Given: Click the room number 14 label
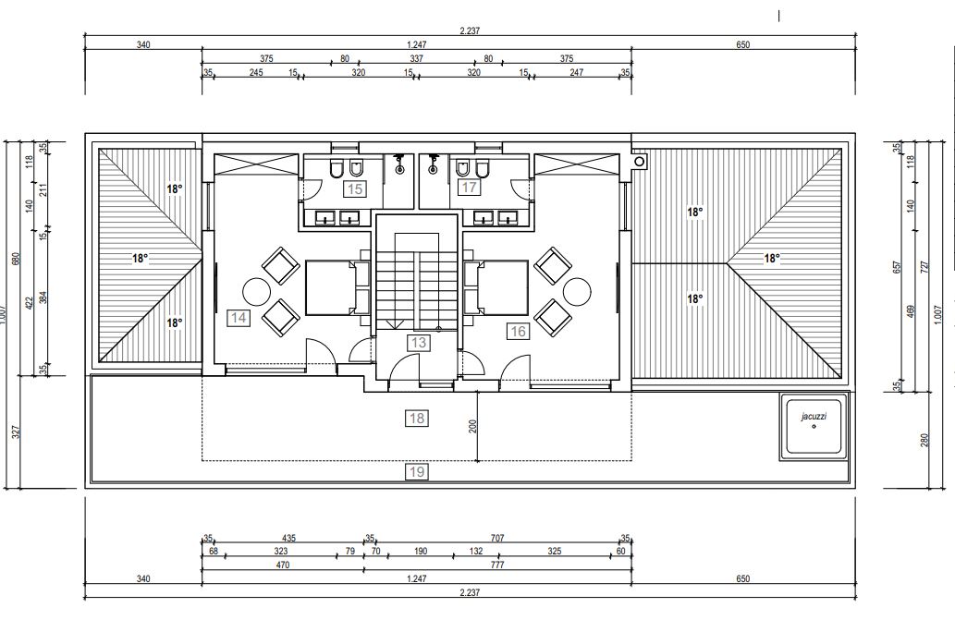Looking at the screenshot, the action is coord(239,318).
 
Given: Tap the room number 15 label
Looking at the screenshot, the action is coord(354,188).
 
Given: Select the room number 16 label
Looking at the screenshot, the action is coord(518,331).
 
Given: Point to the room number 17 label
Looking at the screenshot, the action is coord(469,188).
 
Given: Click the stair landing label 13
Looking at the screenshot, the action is coord(419,343).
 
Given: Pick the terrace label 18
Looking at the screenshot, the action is coord(417,419).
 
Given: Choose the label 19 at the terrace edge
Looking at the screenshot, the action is coord(417,472).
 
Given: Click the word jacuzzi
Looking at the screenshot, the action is coord(814,417).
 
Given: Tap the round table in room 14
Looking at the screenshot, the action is coord(256,292).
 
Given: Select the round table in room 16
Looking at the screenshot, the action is coord(577,292).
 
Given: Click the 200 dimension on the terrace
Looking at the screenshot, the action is coord(472,425).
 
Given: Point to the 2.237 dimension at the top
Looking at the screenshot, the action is coord(470,31).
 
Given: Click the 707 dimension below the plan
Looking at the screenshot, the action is coord(497,538).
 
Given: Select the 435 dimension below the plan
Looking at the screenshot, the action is coord(288,538).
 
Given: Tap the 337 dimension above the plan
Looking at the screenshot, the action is coord(416,59).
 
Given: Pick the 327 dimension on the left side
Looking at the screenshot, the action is coord(17,431).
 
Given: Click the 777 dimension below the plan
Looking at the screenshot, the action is coord(497,565).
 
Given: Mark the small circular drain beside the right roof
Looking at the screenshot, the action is coord(639,162).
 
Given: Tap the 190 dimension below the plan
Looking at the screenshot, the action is coord(421,552).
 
